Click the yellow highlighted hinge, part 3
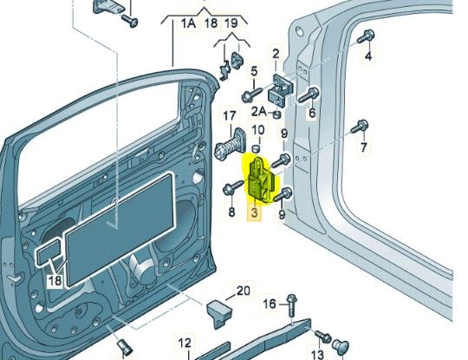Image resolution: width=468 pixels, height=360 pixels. pos(261,180)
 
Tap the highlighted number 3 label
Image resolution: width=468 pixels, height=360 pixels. pos(254,213)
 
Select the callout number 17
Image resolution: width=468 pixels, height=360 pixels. pos(230,116)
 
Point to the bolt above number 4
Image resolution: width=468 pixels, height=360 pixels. pos(366,36)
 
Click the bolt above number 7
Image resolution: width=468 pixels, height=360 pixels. pos(360,126)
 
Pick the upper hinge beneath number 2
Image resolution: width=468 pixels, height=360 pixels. pos(282,89)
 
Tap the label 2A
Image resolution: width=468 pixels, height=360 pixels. pos(258,111)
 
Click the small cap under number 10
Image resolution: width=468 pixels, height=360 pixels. pos(256,148)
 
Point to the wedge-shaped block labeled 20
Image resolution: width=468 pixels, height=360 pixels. pos(220,313)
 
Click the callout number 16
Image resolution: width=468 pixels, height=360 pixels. pos(270,304)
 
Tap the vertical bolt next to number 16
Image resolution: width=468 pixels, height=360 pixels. pos(291,305)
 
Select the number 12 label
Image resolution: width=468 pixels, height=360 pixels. pos(185,343)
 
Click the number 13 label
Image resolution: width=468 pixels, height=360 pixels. pos(317,354)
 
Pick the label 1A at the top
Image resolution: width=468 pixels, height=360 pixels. pos(188,23)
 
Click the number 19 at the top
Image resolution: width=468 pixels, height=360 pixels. pos(231,23)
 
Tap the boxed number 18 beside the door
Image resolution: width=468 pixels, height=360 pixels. pos(55,280)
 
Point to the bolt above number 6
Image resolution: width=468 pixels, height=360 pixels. pos(309,95)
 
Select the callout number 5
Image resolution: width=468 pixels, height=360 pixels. pos(254,72)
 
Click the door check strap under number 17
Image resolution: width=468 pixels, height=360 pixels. pos(231,144)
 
